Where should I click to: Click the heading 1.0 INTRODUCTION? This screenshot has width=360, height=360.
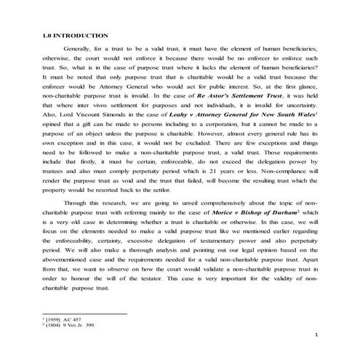76,36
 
